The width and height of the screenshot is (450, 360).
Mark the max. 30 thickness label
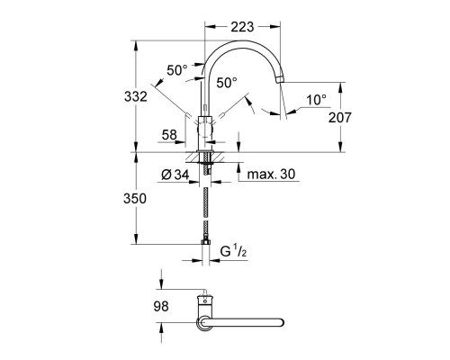[x=273, y=174]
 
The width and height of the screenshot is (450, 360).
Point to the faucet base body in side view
[x=206, y=130]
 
